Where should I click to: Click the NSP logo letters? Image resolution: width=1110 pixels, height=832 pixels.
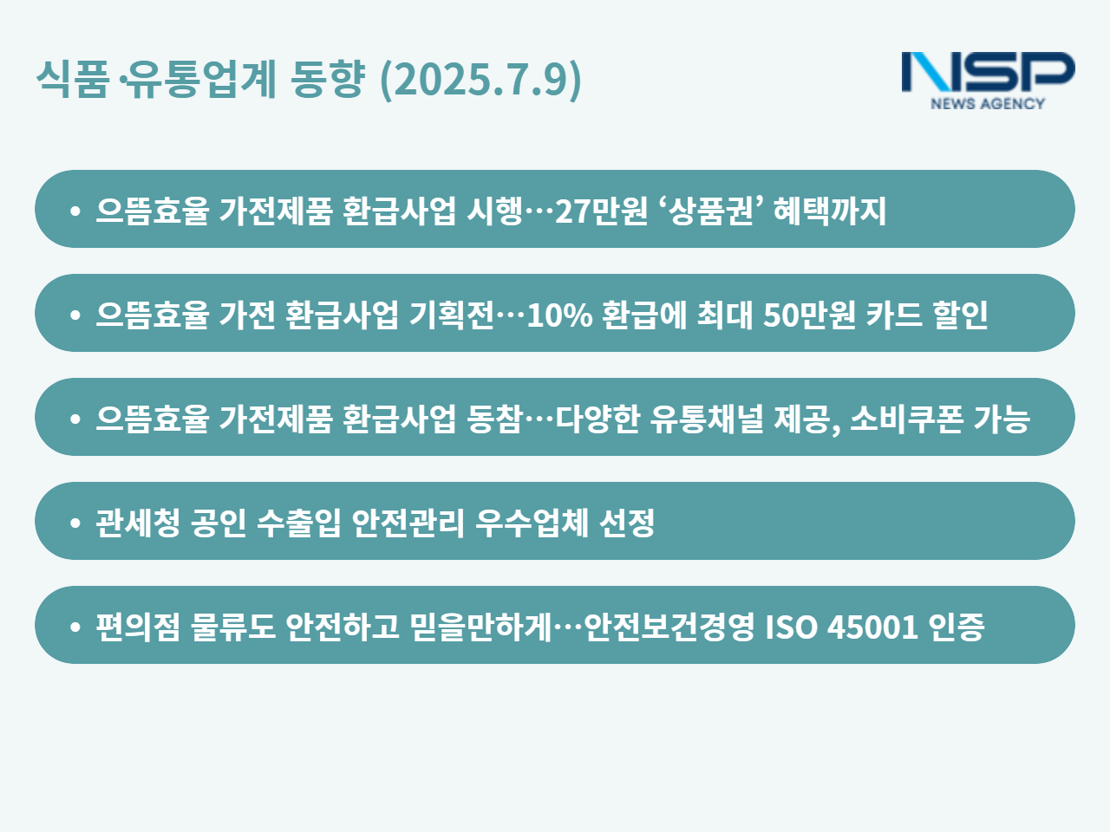click(x=988, y=72)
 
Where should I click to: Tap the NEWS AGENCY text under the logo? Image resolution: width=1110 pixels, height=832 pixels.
click(x=988, y=103)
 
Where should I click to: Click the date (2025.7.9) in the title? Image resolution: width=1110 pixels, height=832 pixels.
click(x=480, y=80)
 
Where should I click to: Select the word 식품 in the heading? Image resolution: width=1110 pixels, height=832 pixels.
click(x=72, y=78)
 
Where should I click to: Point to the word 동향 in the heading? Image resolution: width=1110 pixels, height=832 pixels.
click(x=328, y=78)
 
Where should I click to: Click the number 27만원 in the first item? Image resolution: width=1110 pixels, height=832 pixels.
click(x=601, y=210)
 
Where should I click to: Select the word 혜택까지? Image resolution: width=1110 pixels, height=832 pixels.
click(x=830, y=210)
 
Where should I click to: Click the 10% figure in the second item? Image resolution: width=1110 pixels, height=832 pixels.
click(x=559, y=315)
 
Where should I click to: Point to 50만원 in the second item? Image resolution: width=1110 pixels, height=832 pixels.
click(x=809, y=315)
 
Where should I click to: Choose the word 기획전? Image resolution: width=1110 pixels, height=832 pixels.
click(x=451, y=315)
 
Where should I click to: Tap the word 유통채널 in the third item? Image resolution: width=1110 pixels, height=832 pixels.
click(x=707, y=419)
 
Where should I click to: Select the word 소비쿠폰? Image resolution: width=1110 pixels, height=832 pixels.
click(x=905, y=419)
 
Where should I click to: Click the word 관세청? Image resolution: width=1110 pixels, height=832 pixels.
click(x=138, y=523)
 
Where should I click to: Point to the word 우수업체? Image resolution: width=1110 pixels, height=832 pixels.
click(x=532, y=523)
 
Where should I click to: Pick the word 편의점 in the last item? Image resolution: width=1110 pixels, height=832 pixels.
click(x=138, y=627)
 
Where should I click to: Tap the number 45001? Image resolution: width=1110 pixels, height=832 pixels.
click(x=872, y=627)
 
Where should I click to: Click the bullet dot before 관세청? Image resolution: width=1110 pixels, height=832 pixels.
click(x=75, y=523)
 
